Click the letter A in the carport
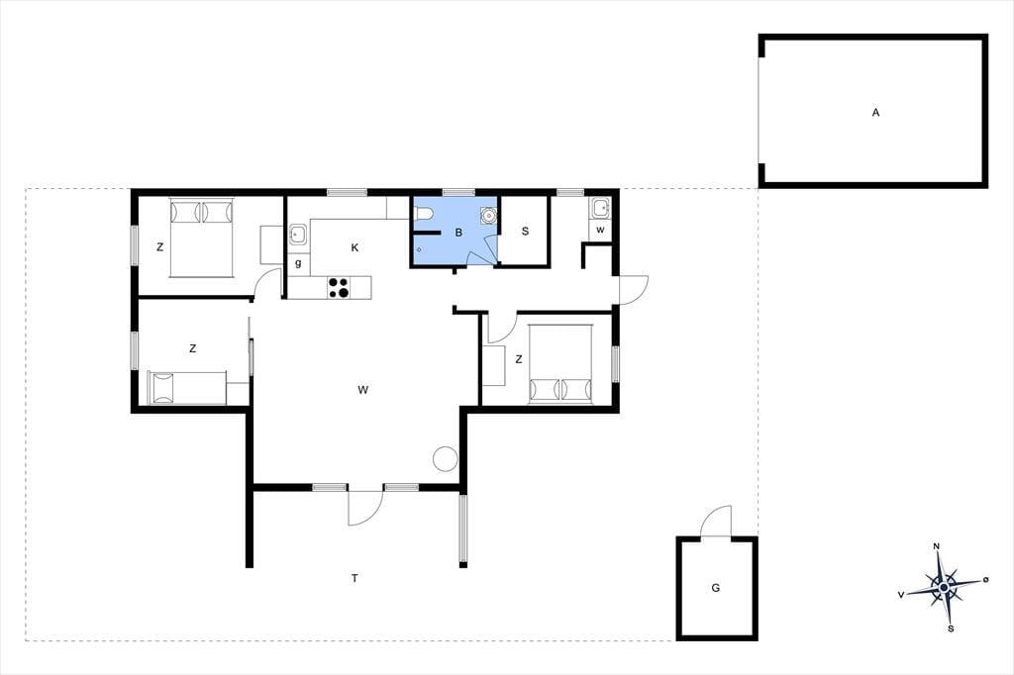click(875, 113)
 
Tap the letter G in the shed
click(715, 588)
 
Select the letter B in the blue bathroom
click(458, 233)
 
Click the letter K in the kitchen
click(355, 247)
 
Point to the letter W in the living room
click(362, 389)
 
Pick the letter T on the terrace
click(355, 578)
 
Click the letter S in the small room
click(525, 231)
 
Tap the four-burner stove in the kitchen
click(339, 287)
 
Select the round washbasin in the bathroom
click(487, 214)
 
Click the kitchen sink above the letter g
click(298, 234)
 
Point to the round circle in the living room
click(445, 459)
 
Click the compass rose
click(944, 587)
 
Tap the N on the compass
click(937, 546)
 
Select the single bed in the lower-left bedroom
click(187, 387)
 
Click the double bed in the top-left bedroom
click(201, 238)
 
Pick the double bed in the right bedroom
click(560, 364)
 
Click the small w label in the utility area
click(600, 230)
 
